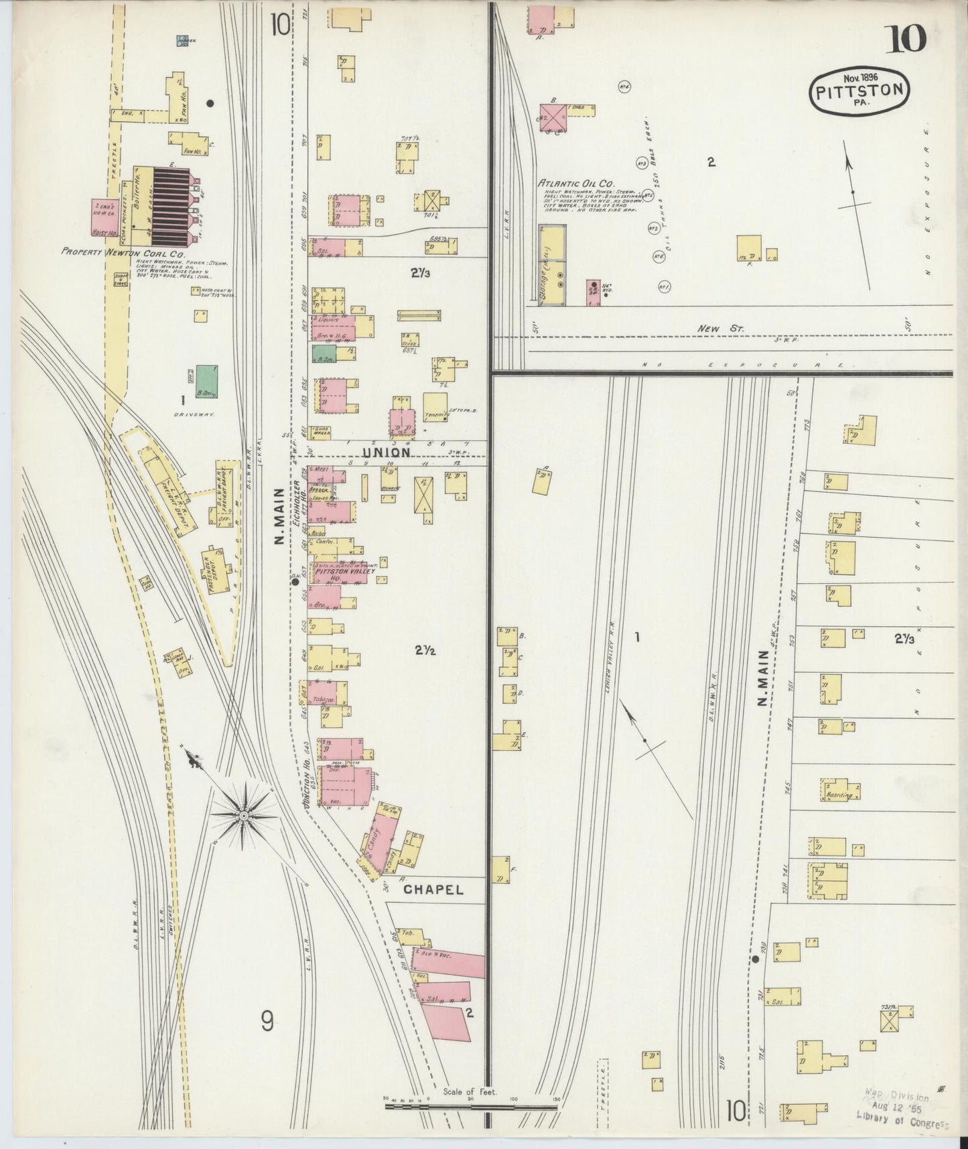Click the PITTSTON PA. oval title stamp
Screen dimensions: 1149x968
(860, 91)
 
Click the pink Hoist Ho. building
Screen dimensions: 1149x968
(104, 217)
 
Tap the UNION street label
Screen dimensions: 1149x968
(388, 452)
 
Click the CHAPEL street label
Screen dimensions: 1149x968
(433, 890)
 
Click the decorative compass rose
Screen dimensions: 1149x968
(244, 814)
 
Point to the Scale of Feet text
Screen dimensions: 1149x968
(469, 1091)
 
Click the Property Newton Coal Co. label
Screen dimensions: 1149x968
(123, 253)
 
